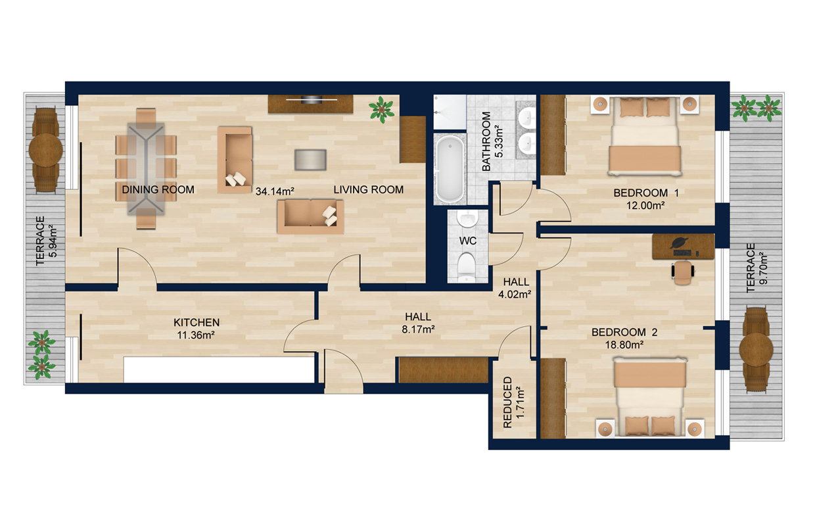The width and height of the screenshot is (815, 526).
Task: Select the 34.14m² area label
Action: pyautogui.click(x=274, y=191)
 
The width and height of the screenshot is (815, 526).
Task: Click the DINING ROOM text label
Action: pyautogui.click(x=158, y=190)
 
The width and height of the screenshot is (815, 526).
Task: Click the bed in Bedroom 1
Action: pyautogui.click(x=643, y=137)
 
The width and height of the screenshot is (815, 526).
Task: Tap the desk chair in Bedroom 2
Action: pyautogui.click(x=684, y=272)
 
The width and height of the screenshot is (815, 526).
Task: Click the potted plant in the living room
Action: pyautogui.click(x=381, y=109)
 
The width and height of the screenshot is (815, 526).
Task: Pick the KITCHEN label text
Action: pyautogui.click(x=197, y=322)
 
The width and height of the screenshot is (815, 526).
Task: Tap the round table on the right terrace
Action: pyautogui.click(x=756, y=349)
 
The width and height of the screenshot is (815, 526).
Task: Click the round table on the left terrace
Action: pyautogui.click(x=46, y=151)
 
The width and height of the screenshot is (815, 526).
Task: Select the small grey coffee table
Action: pyautogui.click(x=310, y=159)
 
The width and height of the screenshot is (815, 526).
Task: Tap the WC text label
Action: pyautogui.click(x=467, y=241)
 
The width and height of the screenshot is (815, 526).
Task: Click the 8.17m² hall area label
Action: pyautogui.click(x=418, y=329)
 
